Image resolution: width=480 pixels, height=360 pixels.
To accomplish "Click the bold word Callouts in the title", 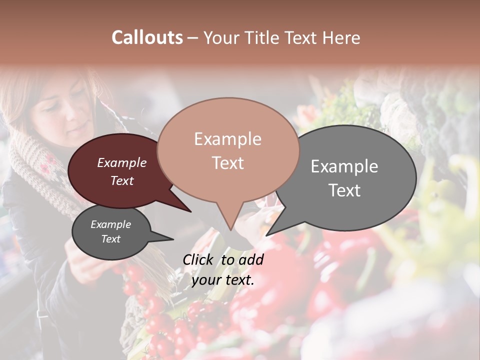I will point(147,37).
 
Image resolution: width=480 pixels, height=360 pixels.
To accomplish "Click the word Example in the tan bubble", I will point(228,139).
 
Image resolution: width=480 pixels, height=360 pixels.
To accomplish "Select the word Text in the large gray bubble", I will point(344,190).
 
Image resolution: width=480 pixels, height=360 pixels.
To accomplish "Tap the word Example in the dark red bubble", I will point(122,163).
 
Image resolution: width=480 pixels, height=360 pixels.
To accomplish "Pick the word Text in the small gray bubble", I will point(111,239).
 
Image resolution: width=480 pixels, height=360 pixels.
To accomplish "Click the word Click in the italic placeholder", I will point(199,259).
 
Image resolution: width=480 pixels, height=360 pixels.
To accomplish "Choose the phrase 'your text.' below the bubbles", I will point(223,280).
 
